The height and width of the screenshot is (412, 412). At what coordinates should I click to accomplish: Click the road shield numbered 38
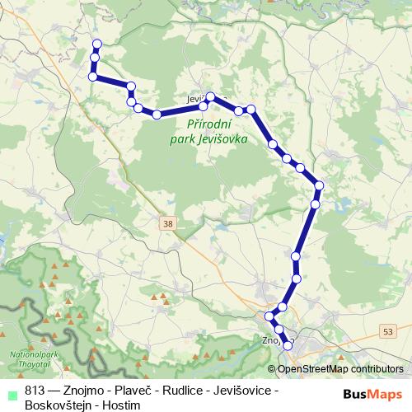[168, 223]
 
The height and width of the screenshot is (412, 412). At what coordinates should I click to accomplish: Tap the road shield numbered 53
[387, 330]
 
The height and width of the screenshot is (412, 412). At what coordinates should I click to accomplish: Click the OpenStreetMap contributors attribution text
[339, 369]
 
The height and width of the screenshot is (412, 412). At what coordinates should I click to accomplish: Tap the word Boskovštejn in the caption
[57, 403]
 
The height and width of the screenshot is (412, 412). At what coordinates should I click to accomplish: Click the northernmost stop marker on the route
[97, 44]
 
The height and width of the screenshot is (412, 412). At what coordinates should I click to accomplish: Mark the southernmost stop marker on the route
[288, 346]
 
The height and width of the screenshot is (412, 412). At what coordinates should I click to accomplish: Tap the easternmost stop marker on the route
[319, 185]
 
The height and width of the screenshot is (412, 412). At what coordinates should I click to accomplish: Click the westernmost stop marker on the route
[92, 77]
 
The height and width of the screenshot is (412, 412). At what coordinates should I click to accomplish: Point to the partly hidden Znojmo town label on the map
[270, 338]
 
